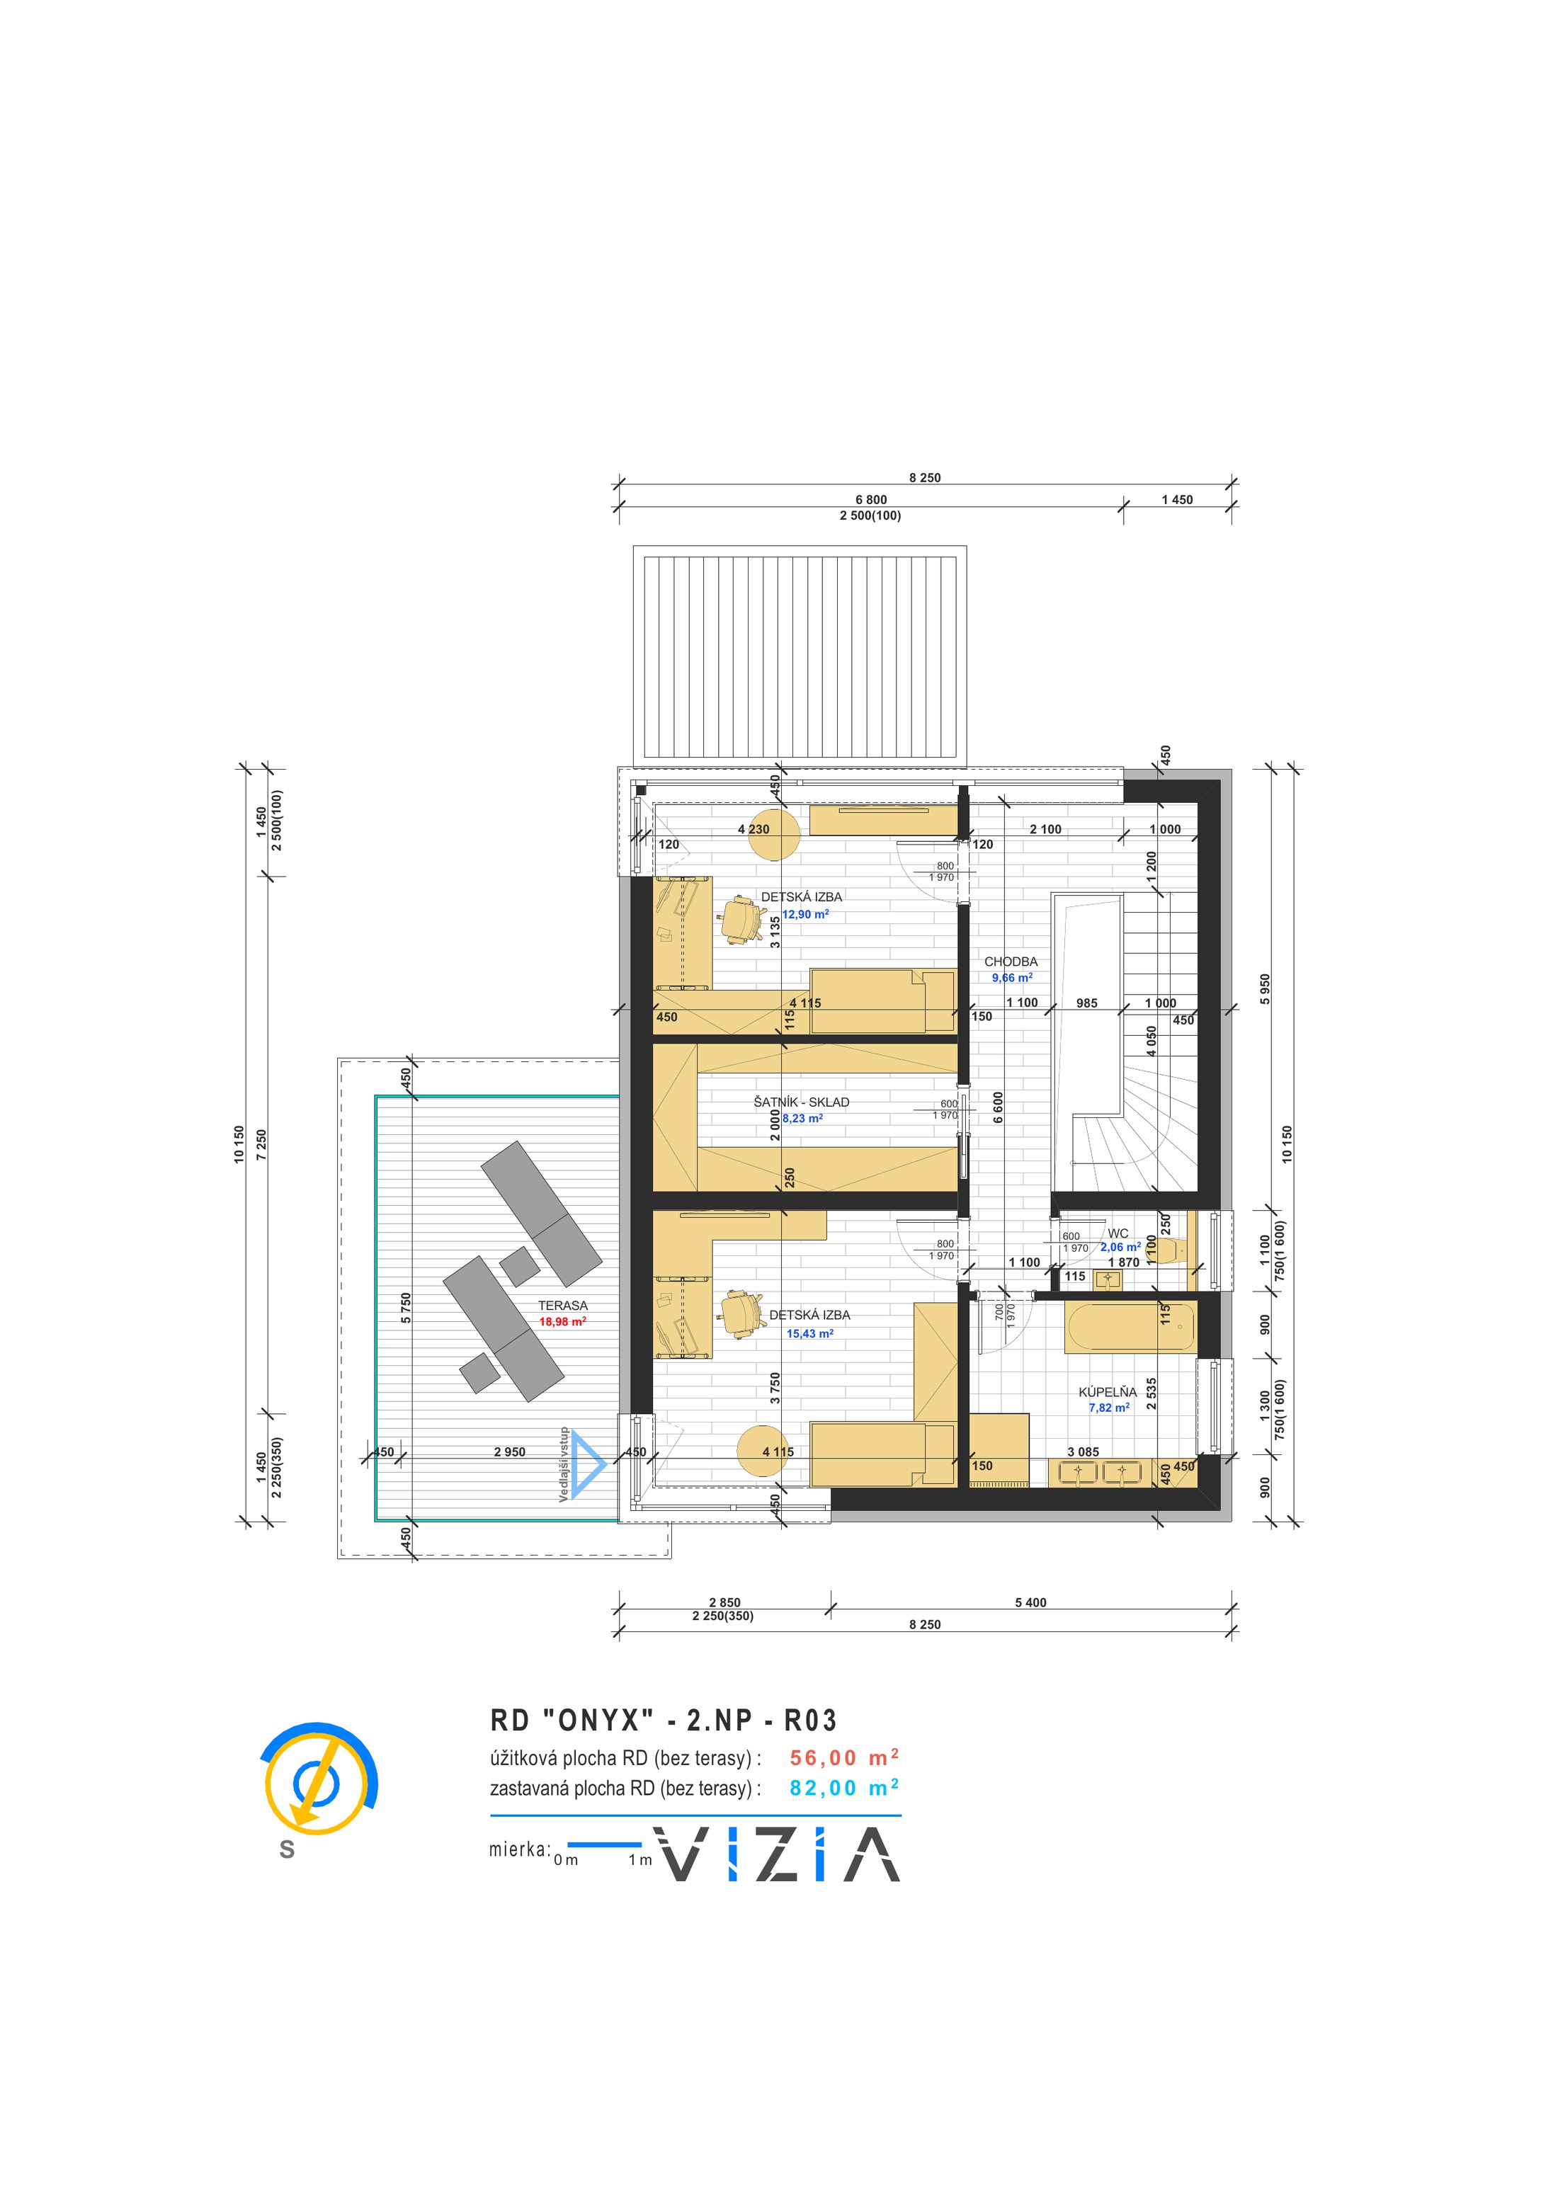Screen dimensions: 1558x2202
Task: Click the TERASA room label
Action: pyautogui.click(x=562, y=1306)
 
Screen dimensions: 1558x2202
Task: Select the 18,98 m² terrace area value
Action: pyautogui.click(x=562, y=1322)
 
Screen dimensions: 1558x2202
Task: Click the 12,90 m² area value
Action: pyautogui.click(x=806, y=914)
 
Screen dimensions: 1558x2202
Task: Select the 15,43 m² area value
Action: pyautogui.click(x=809, y=1333)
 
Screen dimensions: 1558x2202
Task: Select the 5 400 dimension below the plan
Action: pyautogui.click(x=1030, y=1602)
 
